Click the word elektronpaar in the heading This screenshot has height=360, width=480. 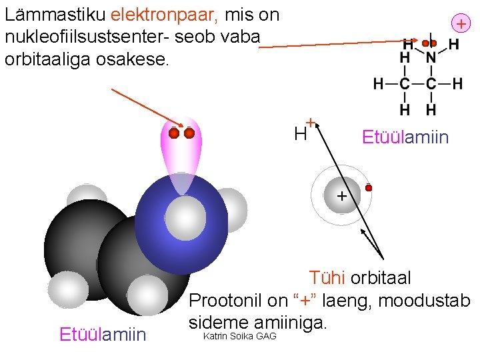point(157,14)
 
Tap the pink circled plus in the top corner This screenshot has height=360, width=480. point(461,23)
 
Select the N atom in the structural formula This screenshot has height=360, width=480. point(431,59)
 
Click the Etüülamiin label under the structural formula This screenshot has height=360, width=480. point(405,138)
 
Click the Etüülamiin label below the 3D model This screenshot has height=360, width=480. point(103,334)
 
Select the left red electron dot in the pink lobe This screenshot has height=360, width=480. point(174,134)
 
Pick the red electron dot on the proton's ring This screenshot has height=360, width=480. point(368,188)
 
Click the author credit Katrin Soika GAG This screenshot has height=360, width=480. point(239,336)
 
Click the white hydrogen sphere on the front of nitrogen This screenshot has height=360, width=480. point(184,217)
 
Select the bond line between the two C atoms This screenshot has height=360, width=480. point(417,85)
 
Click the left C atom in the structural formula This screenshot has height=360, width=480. point(404,85)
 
